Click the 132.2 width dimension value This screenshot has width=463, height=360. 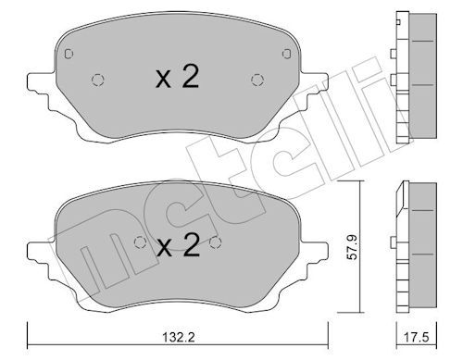[179, 337]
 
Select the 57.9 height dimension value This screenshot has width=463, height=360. [352, 247]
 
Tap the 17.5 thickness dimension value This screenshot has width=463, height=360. [417, 337]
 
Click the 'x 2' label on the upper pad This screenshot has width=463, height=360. [177, 77]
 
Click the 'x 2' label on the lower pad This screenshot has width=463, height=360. [178, 245]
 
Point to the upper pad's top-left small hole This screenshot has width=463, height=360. [69, 54]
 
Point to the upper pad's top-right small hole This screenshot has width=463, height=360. [287, 54]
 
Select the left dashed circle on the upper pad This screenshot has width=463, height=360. [98, 81]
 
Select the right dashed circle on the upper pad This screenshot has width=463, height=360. [257, 81]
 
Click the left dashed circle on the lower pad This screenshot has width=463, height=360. [140, 242]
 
